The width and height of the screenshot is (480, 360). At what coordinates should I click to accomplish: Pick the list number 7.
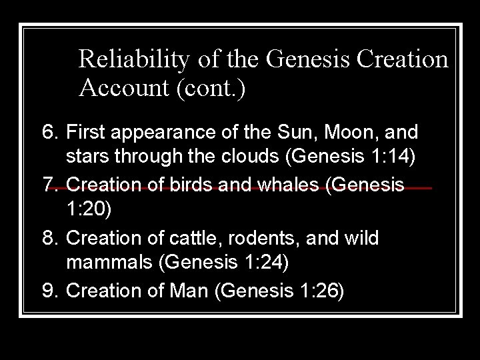(x=51, y=183)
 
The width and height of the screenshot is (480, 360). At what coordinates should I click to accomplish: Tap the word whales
(x=276, y=183)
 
